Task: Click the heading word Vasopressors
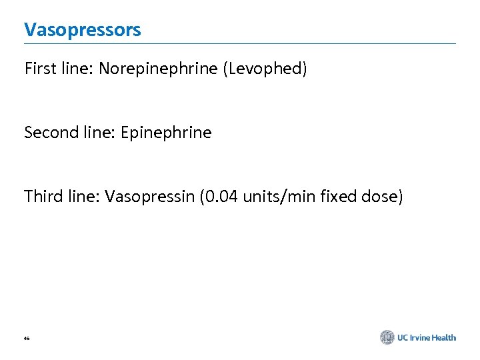click(83, 30)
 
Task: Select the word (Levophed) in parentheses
click(267, 69)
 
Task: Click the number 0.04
click(219, 197)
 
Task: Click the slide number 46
click(27, 339)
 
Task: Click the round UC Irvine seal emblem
click(387, 337)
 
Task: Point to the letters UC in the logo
click(403, 337)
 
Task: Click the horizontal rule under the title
click(240, 44)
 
